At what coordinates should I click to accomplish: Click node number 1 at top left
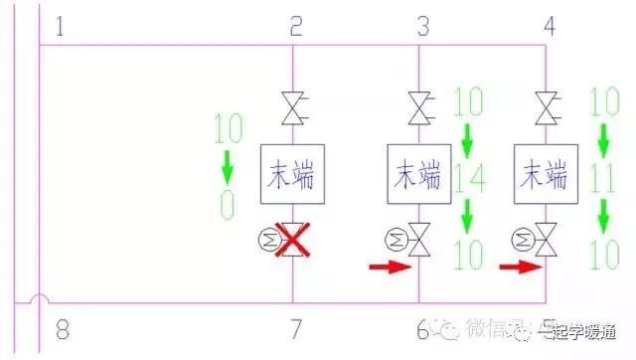coord(61,26)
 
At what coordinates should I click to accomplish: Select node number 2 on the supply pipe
coord(295,26)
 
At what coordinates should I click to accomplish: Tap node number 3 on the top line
coord(421,26)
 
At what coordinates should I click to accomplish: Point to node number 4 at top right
coord(550,26)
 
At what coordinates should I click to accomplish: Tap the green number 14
coord(468,180)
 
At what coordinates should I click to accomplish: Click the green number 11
coord(602,180)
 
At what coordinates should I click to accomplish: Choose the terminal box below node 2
coord(293,170)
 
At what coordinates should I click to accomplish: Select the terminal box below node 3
coord(419,170)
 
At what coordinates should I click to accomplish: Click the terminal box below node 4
coord(546,170)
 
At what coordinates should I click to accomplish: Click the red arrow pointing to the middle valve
coord(389,267)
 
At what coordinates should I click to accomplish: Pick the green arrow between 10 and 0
coord(228,162)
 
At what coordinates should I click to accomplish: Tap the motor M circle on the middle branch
coord(395,239)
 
